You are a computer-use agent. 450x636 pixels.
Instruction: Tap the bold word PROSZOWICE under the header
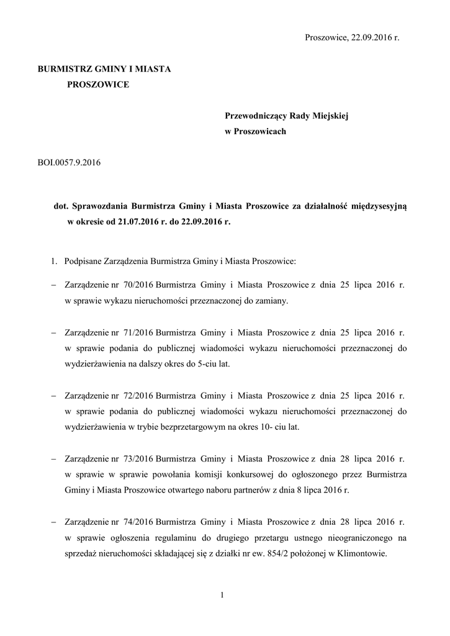click(98, 84)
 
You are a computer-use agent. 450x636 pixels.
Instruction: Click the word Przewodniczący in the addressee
click(256, 116)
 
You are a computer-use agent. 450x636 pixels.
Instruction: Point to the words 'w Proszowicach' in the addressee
click(255, 132)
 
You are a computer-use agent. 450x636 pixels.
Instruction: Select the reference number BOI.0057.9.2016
click(70, 163)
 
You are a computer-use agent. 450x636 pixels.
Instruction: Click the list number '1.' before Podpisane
click(55, 261)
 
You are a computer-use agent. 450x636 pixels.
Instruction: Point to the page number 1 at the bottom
click(222, 596)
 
